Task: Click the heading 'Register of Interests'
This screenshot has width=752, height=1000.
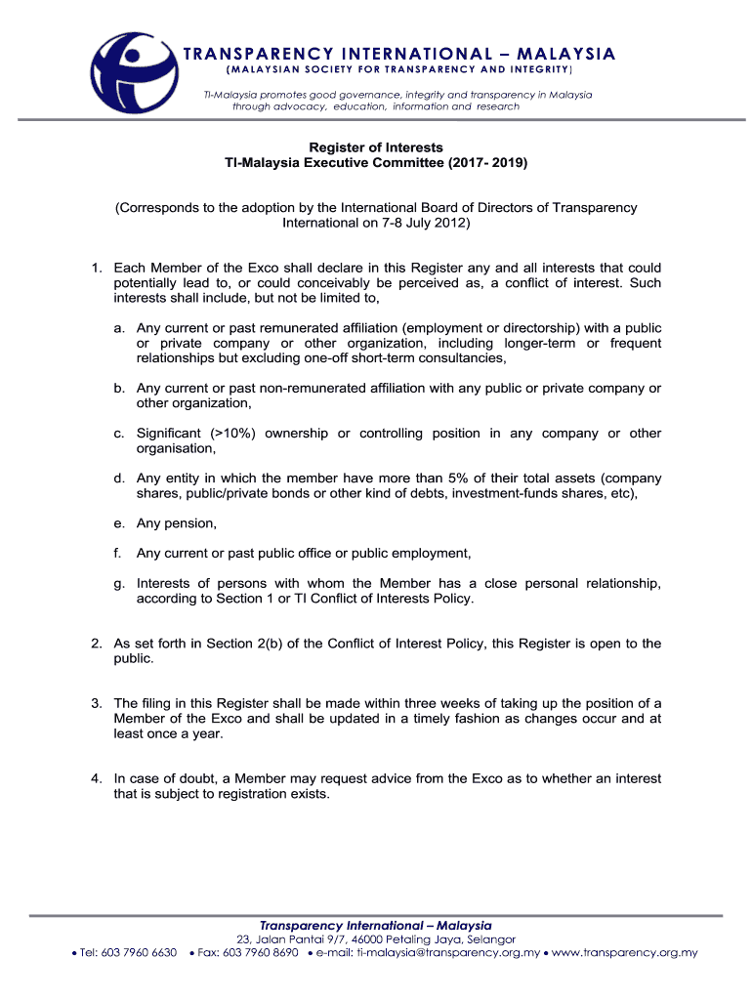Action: [376, 147]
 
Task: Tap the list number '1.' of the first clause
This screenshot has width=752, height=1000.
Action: [97, 268]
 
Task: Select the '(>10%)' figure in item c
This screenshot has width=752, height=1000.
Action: [232, 434]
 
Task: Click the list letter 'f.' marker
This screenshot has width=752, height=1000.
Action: [117, 554]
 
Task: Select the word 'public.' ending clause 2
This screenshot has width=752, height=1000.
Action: [134, 659]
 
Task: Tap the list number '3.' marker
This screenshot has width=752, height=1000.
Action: [97, 703]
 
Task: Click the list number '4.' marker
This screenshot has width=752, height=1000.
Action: [97, 779]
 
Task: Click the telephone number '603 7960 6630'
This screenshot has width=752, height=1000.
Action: [138, 953]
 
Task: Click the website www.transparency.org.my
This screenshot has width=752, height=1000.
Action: [625, 953]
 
